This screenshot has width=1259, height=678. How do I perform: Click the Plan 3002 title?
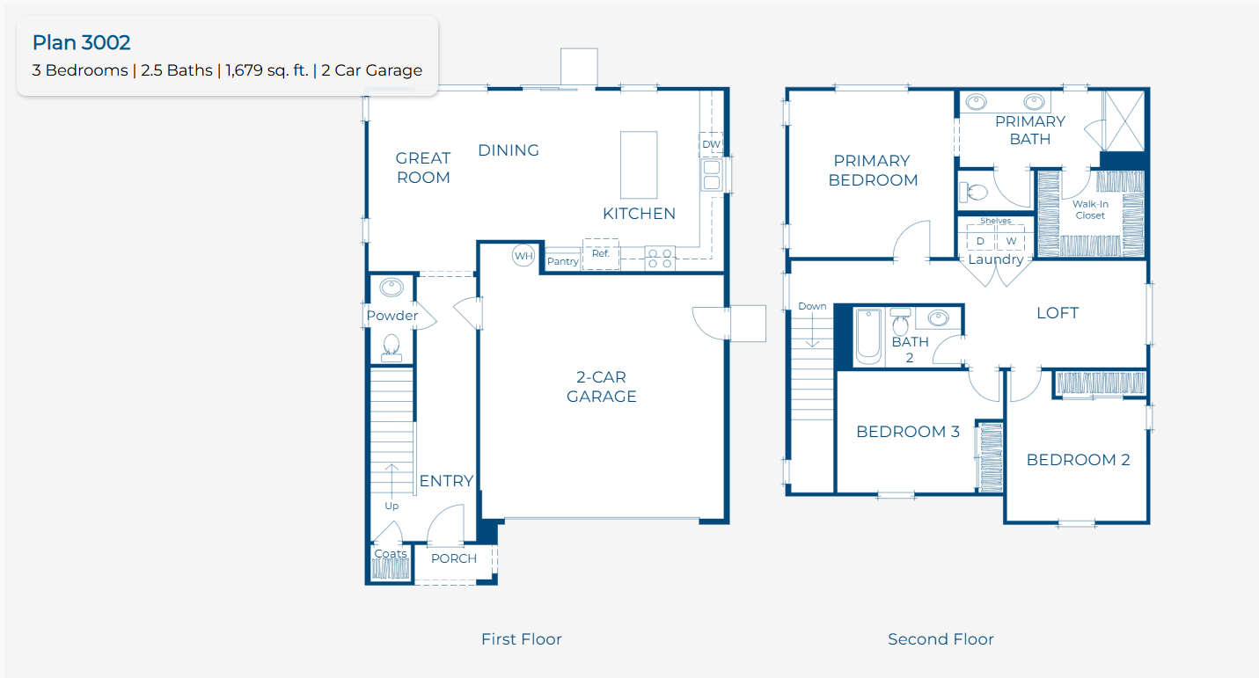tap(82, 43)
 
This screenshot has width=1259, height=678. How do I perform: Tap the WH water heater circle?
tap(523, 256)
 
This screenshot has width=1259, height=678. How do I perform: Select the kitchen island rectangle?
tap(639, 164)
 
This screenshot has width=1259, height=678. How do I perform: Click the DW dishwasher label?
tap(711, 144)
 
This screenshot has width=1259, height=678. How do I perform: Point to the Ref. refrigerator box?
tap(601, 254)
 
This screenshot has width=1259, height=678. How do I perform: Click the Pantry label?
tap(562, 261)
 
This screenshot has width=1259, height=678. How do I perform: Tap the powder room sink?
tap(392, 288)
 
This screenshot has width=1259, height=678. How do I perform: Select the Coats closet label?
tap(391, 553)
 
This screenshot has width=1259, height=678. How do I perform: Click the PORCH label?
tap(454, 558)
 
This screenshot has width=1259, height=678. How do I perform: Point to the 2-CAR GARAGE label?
tap(602, 386)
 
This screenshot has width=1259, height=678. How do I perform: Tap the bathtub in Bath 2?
tap(868, 337)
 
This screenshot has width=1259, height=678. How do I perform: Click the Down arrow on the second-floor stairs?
tap(812, 331)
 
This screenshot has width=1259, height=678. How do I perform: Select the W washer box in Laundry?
tap(1011, 241)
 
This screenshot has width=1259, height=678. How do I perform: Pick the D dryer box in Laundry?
tap(981, 241)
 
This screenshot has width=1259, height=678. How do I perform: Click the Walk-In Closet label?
tap(1090, 209)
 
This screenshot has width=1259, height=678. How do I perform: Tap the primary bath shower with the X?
tap(1124, 120)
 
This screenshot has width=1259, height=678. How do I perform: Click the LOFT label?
tap(1058, 313)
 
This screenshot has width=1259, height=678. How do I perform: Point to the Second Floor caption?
tap(941, 639)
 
